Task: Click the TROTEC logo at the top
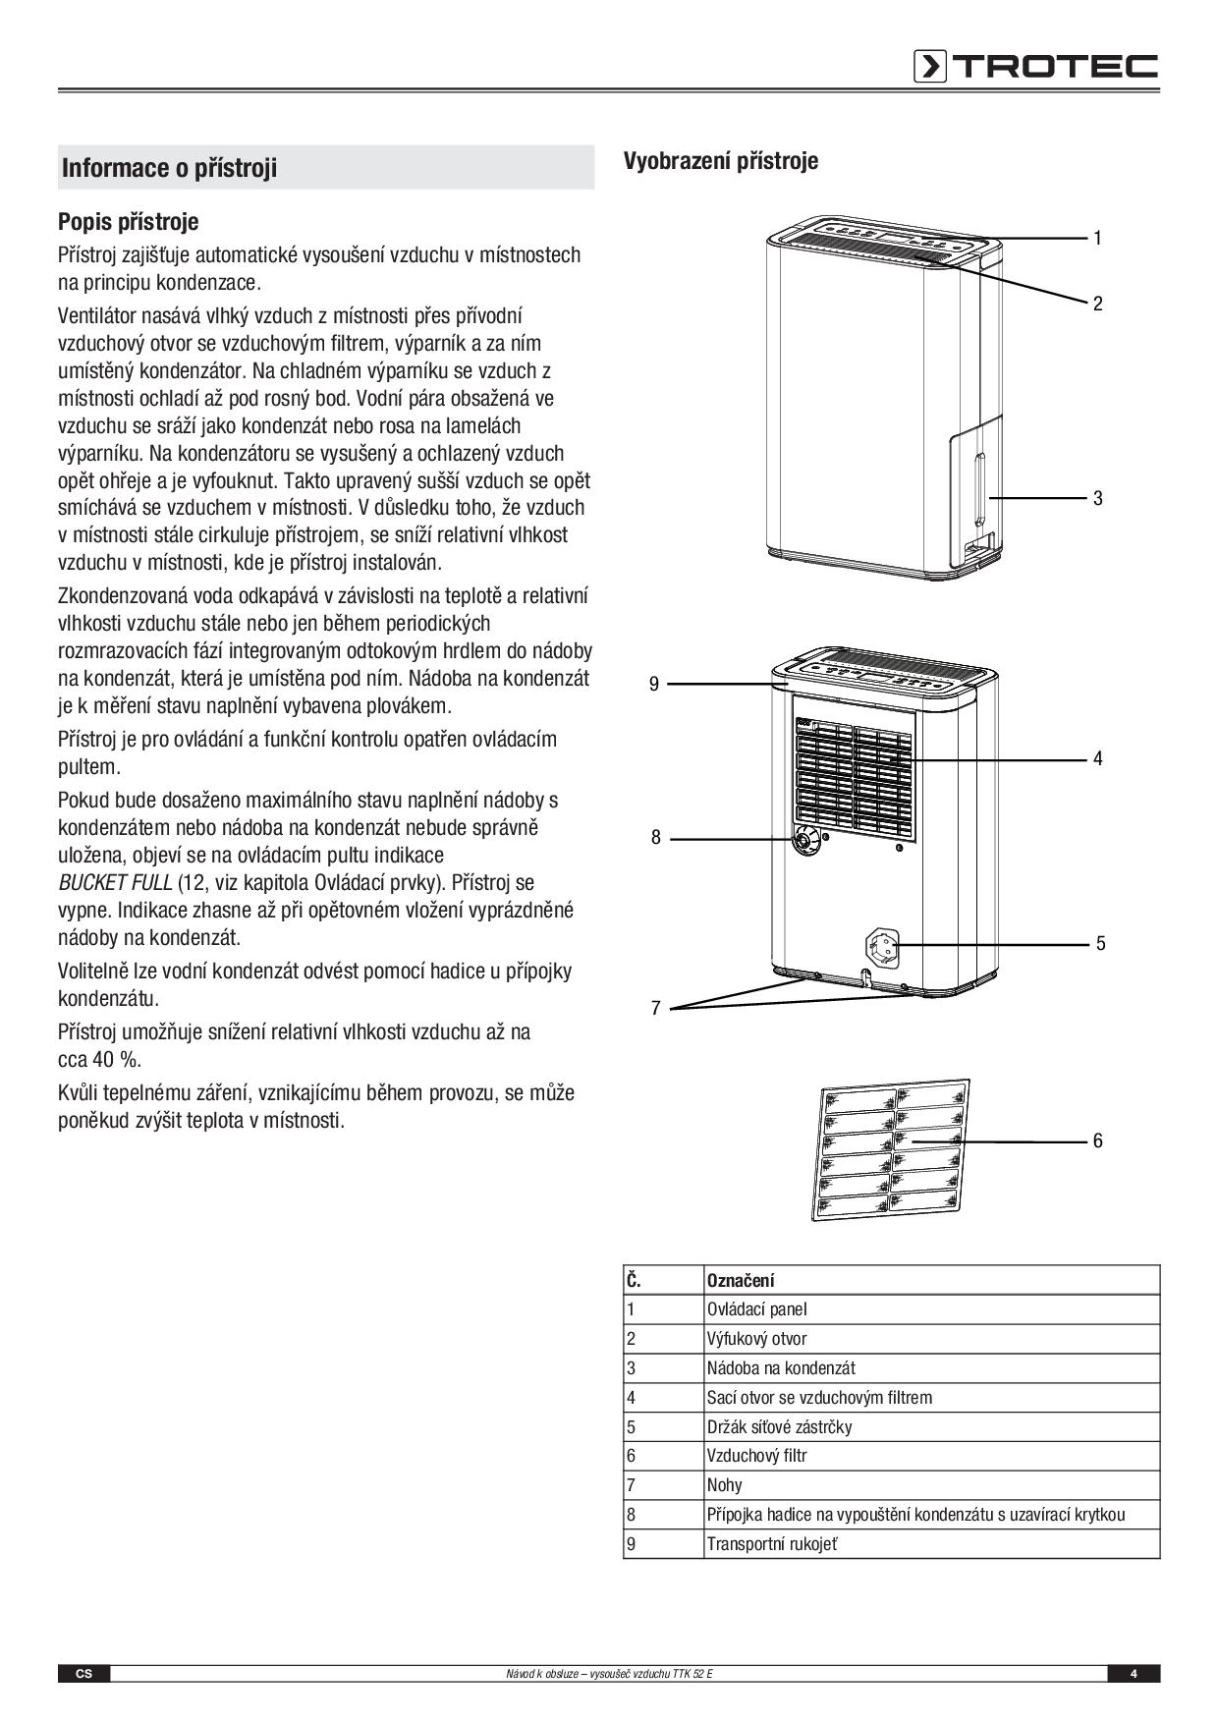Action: pyautogui.click(x=1035, y=66)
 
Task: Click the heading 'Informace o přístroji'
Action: pyautogui.click(x=170, y=168)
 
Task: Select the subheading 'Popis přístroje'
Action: pyautogui.click(x=128, y=221)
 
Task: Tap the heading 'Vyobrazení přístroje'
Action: pyautogui.click(x=720, y=161)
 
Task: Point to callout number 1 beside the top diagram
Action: pyautogui.click(x=1097, y=238)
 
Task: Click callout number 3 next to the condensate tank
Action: pyautogui.click(x=1097, y=498)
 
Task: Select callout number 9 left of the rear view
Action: pyautogui.click(x=654, y=684)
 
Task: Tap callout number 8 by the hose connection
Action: pyautogui.click(x=655, y=838)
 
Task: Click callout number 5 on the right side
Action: pyautogui.click(x=1100, y=943)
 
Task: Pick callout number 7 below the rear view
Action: pyautogui.click(x=655, y=1008)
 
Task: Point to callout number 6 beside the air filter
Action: pyautogui.click(x=1097, y=1140)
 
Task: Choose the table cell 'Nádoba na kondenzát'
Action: pyautogui.click(x=781, y=1367)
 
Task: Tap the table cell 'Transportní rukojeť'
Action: pyautogui.click(x=772, y=1543)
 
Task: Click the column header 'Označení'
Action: pyautogui.click(x=741, y=1280)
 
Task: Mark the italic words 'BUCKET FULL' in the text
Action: pyautogui.click(x=115, y=882)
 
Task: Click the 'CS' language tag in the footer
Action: pyautogui.click(x=83, y=1674)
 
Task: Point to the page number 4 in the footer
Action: pyautogui.click(x=1133, y=1674)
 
